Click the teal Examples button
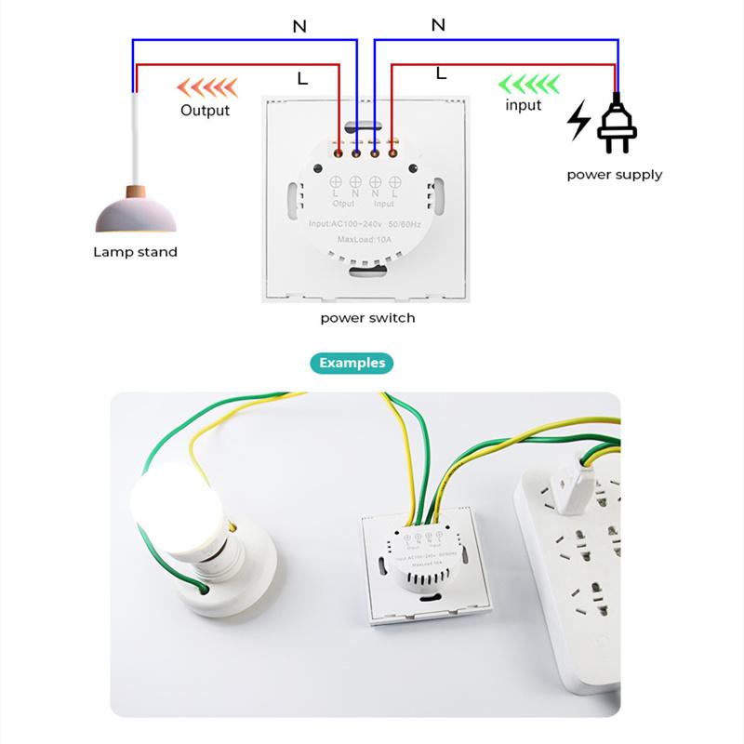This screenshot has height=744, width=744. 352,363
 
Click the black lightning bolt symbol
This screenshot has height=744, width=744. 578,121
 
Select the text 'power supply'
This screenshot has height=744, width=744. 614,174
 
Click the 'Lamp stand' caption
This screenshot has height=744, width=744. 135,251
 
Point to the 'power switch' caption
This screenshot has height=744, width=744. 367,317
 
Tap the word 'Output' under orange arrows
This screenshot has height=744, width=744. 205,111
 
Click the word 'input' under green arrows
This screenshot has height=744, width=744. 523,105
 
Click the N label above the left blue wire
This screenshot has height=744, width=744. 299,27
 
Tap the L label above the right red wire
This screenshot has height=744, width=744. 441,72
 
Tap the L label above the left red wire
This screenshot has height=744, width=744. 302,80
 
